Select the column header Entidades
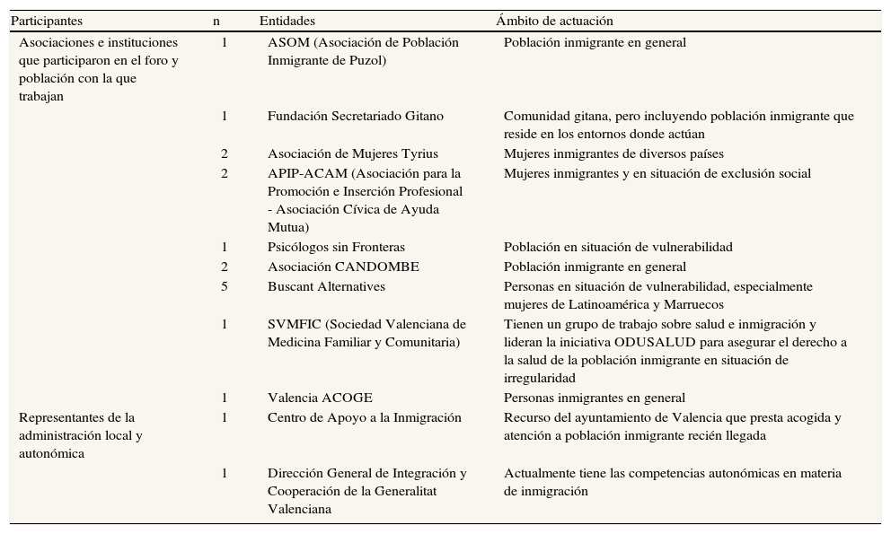tap(287, 21)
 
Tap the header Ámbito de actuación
tap(554, 21)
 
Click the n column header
tap(216, 21)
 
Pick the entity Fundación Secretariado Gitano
tap(355, 117)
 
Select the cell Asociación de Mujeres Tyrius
tap(352, 154)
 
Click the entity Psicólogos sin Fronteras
tap(336, 248)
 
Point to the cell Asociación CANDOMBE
tap(343, 267)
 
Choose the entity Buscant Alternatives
tap(326, 287)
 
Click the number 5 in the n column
tap(225, 287)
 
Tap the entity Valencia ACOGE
tap(320, 398)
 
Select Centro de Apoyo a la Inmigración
tap(364, 418)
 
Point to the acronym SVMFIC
tap(294, 325)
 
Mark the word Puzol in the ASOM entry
tap(366, 61)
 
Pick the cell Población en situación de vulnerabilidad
tap(618, 248)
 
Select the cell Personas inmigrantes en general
tap(595, 398)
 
